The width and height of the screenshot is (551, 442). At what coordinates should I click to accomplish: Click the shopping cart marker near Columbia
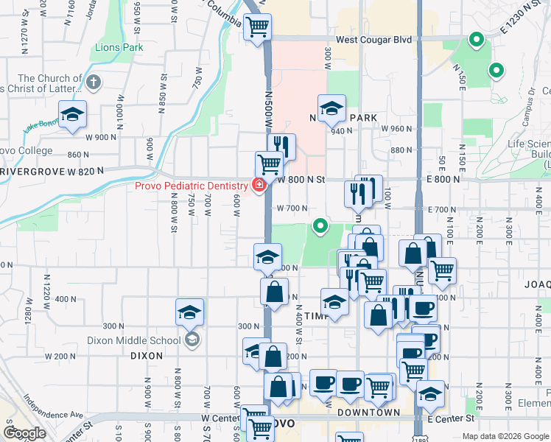[258, 28]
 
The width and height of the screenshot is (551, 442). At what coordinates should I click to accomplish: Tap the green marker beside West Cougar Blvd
[477, 40]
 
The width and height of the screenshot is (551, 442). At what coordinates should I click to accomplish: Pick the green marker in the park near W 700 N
[320, 225]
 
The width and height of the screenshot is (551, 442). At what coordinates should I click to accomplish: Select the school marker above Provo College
[72, 115]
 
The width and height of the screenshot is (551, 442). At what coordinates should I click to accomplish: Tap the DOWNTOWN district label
[368, 413]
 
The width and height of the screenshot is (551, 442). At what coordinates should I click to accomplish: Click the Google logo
[24, 433]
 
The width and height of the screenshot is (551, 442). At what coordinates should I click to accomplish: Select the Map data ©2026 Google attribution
[505, 436]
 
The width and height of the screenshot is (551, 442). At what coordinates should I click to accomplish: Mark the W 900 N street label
[101, 137]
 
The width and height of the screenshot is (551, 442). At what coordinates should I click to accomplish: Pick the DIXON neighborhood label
[146, 355]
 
